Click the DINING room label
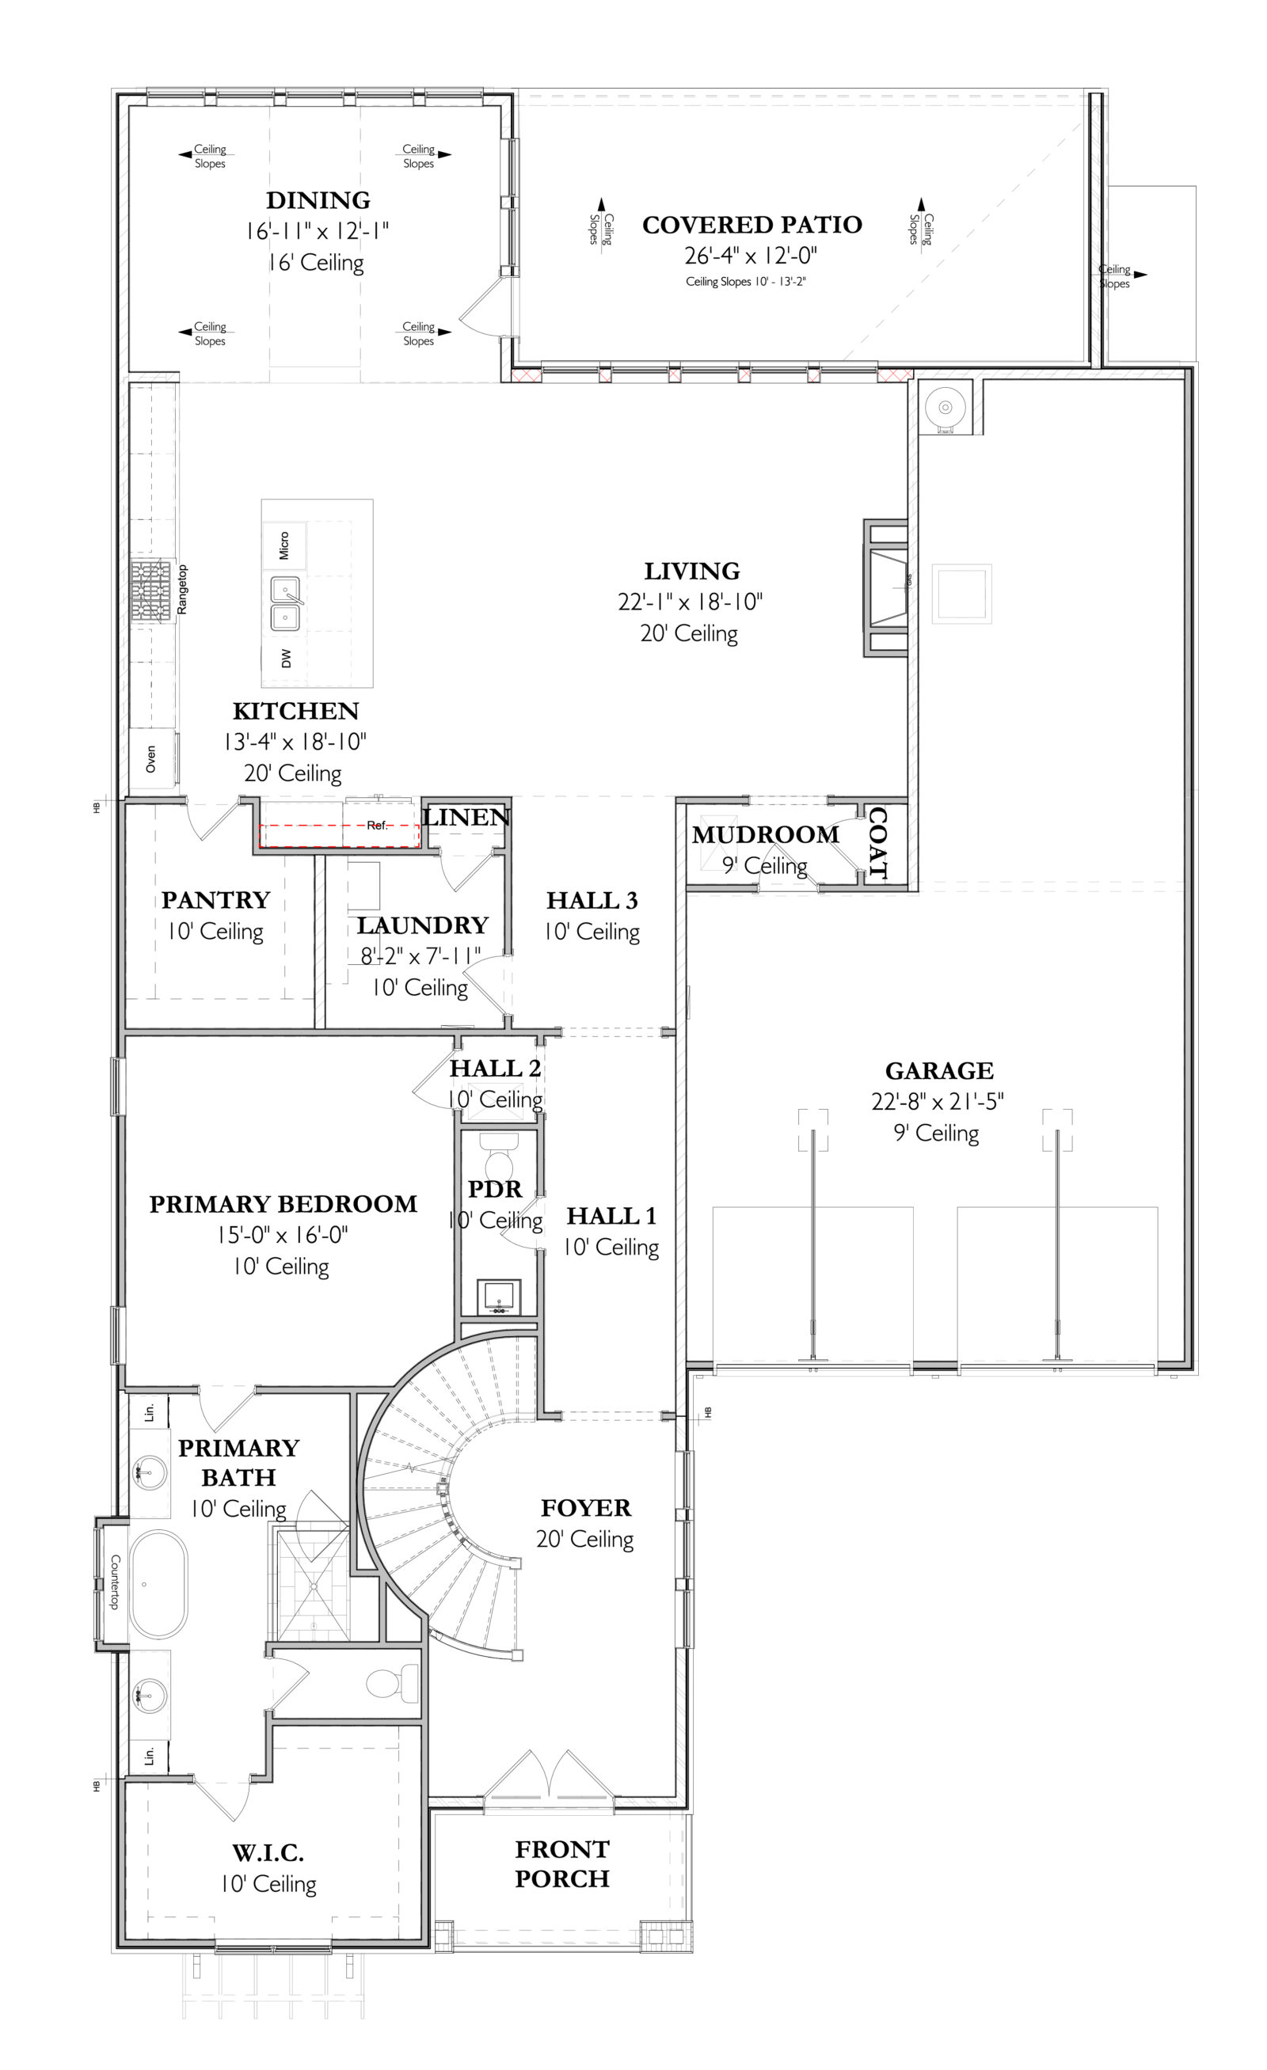318,200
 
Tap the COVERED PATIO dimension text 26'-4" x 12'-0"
750,256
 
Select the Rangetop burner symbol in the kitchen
151,591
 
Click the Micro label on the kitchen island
284,545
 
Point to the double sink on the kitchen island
286,603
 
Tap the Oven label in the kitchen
151,758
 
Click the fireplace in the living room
887,587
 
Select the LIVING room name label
691,572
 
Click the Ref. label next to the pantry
377,825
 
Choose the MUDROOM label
765,834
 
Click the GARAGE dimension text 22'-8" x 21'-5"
937,1101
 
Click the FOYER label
586,1508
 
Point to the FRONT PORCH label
561,1863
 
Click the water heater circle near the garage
945,408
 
